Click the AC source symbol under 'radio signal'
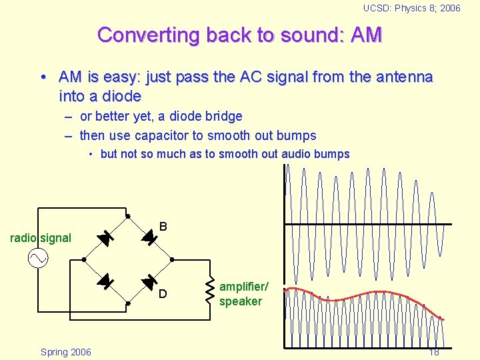pos(37,258)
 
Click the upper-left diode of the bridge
pos(105,237)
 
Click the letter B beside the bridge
pos(163,227)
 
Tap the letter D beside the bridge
pos(163,294)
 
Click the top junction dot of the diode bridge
pos(127,215)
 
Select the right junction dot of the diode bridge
pos(172,259)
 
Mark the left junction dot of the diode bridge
pos(84,259)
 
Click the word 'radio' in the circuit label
pos(24,238)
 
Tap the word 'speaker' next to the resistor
pos(241,301)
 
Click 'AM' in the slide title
pos(365,35)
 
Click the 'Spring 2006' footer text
pos(66,351)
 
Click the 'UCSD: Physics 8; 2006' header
pos(411,8)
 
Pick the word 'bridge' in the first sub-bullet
pos(222,116)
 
